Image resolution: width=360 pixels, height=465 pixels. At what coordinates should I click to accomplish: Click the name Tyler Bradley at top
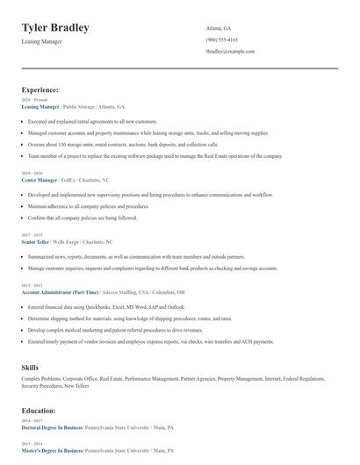(x=55, y=28)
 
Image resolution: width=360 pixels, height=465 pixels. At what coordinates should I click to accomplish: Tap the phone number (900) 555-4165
(x=221, y=39)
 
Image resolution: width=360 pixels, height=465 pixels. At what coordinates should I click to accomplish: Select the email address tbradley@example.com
(x=230, y=52)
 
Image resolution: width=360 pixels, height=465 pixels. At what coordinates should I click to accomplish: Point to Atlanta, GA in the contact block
(x=219, y=28)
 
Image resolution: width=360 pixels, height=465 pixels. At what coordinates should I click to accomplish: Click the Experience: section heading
(x=40, y=89)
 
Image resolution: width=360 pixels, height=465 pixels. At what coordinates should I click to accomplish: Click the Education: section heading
(x=39, y=410)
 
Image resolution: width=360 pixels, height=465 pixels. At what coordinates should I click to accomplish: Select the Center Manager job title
(x=39, y=179)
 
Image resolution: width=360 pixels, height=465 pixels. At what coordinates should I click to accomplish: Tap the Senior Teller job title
(x=37, y=240)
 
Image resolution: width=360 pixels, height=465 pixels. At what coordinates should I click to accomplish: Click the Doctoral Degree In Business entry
(x=52, y=426)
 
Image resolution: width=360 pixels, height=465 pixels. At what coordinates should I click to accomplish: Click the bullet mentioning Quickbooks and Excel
(x=106, y=307)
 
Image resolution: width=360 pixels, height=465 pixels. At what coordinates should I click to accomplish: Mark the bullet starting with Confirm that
(x=83, y=217)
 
